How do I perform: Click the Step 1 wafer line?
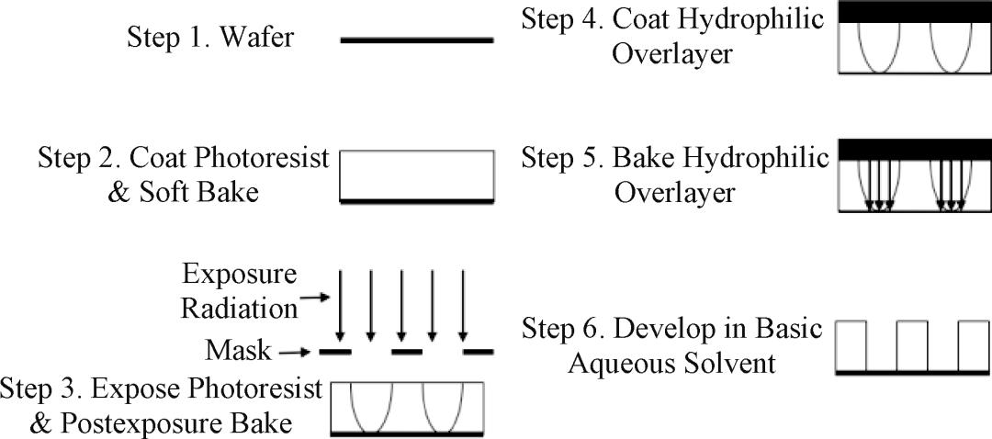click(x=416, y=40)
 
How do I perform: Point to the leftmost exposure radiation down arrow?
click(x=341, y=303)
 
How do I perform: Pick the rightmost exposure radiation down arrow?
click(x=464, y=303)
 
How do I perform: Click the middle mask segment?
click(x=406, y=350)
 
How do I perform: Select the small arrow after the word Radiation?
click(x=314, y=296)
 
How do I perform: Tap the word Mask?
click(x=240, y=350)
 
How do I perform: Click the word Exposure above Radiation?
click(x=240, y=275)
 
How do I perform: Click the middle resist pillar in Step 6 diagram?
click(x=911, y=344)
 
